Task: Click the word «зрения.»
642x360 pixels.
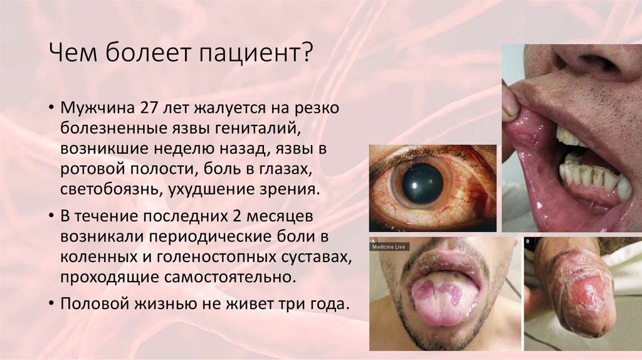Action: pyautogui.click(x=293, y=190)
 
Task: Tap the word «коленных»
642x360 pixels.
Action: pyautogui.click(x=93, y=257)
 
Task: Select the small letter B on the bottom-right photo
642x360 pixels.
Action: pyautogui.click(x=527, y=241)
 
